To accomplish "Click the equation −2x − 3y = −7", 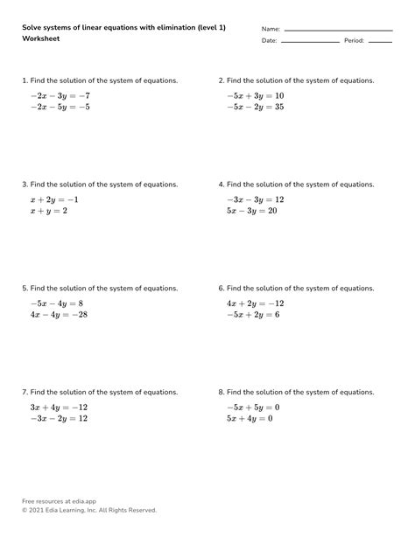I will coord(60,95).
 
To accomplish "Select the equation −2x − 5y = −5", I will coord(60,108).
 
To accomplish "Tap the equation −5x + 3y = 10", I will coord(255,95).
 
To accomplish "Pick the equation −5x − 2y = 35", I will coord(255,108).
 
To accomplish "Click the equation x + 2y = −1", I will coord(54,199).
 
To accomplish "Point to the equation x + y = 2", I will coord(48,212).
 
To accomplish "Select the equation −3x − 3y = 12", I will coord(255,199).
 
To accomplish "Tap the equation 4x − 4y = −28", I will coord(59,315).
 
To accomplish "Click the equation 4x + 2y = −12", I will coord(255,303).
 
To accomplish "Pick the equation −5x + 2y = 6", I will coord(253,315).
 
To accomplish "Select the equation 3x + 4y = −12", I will coord(59,407).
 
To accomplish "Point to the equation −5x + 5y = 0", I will coord(252,407).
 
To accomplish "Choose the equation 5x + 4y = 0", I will coord(250,419).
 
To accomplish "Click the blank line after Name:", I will coord(338,31).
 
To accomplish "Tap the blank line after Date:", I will coord(309,42).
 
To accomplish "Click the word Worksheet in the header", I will coord(40,40).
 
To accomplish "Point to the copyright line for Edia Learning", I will coord(89,510).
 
